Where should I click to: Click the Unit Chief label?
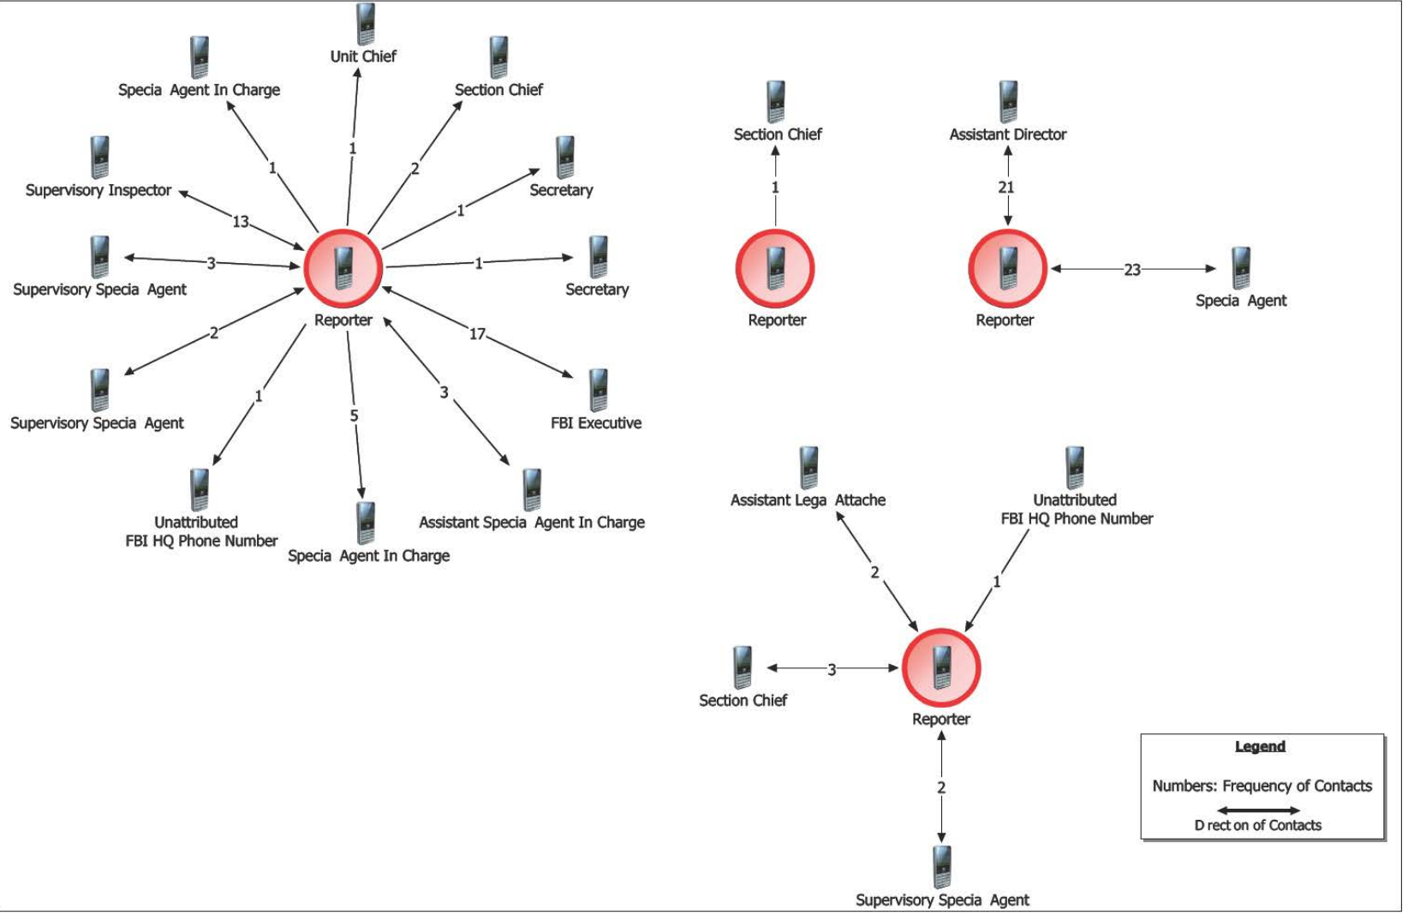tap(363, 57)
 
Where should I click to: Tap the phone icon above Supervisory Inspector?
tap(99, 157)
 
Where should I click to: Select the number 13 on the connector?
tap(241, 222)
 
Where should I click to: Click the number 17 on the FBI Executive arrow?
tap(477, 334)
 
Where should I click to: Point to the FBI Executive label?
tap(596, 423)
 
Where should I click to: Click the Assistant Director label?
tap(1007, 135)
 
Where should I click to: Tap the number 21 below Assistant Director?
tap(1006, 187)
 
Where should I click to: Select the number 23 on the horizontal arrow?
tap(1132, 270)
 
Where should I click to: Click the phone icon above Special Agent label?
tap(1240, 267)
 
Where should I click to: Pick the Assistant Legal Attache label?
tap(808, 500)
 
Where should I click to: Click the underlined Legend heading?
tap(1260, 746)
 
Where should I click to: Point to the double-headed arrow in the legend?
tap(1259, 810)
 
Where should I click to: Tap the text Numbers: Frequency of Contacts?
tap(1262, 786)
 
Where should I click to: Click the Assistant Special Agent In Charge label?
tap(531, 523)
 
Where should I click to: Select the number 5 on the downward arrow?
tap(354, 416)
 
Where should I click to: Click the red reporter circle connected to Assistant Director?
tap(1007, 268)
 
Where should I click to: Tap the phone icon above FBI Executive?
tap(598, 390)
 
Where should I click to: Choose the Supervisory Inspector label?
tap(98, 190)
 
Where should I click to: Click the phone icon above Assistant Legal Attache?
tap(808, 467)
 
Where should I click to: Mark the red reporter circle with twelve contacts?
tap(343, 268)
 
